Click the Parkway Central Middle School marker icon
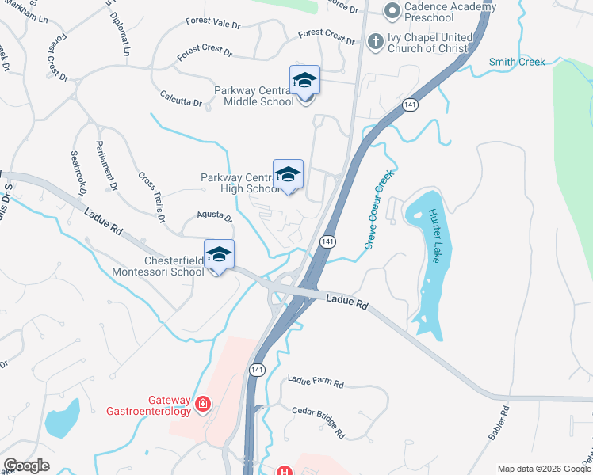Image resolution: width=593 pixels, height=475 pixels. click(305, 82)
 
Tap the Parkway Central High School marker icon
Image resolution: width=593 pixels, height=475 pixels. click(288, 176)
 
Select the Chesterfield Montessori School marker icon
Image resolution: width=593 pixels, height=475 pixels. click(220, 255)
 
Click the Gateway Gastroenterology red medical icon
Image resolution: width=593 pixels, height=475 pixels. click(203, 405)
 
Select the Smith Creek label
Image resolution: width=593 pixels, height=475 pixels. click(517, 62)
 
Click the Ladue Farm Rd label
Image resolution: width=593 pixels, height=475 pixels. click(316, 383)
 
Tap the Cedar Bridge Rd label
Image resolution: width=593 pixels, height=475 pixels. click(318, 422)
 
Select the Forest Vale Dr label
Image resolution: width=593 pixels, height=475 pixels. click(212, 25)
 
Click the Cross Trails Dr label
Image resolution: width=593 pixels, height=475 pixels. click(152, 196)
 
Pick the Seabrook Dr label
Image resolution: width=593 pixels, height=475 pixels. click(78, 173)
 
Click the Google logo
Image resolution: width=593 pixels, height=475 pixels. click(26, 465)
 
